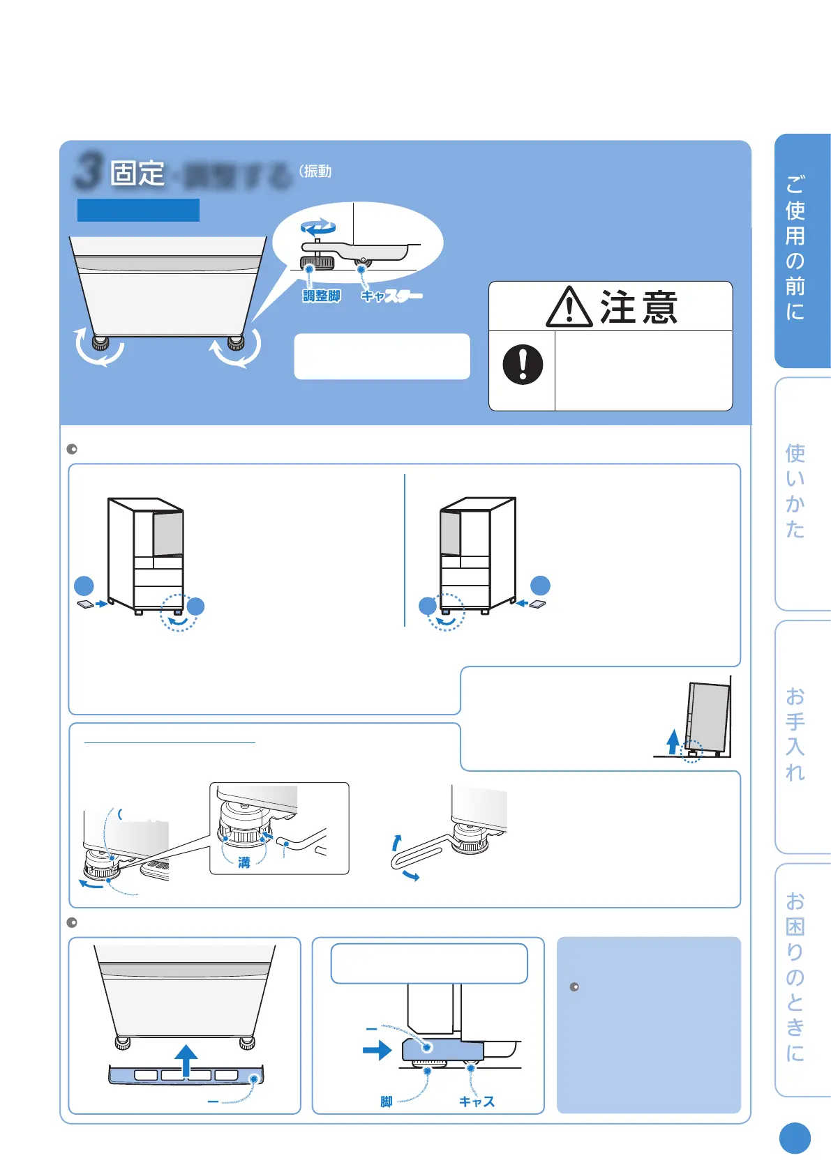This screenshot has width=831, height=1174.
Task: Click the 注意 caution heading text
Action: pyautogui.click(x=638, y=307)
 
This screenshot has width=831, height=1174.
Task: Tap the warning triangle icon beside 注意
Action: pyautogui.click(x=569, y=308)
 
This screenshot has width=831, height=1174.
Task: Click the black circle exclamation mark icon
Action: pyautogui.click(x=523, y=365)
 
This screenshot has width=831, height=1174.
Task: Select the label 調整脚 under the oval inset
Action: pyautogui.click(x=322, y=296)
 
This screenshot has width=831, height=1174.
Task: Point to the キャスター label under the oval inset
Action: pyautogui.click(x=391, y=296)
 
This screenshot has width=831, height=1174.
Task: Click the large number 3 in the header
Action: pyautogui.click(x=89, y=171)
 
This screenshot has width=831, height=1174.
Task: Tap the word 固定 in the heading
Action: pyautogui.click(x=137, y=173)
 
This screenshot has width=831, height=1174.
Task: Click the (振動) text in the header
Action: pyautogui.click(x=315, y=171)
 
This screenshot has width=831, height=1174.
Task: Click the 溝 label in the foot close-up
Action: pyautogui.click(x=244, y=862)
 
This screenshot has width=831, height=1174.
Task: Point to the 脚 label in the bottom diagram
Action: pyautogui.click(x=387, y=1101)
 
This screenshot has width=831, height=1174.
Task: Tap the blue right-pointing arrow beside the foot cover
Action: pyautogui.click(x=377, y=1050)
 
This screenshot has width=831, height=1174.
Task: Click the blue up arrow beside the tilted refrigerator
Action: pyautogui.click(x=673, y=741)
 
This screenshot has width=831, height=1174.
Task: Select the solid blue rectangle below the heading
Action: pyautogui.click(x=138, y=210)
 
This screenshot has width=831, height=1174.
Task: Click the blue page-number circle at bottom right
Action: pyautogui.click(x=795, y=1138)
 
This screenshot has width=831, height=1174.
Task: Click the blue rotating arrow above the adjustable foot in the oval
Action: pyautogui.click(x=318, y=227)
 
